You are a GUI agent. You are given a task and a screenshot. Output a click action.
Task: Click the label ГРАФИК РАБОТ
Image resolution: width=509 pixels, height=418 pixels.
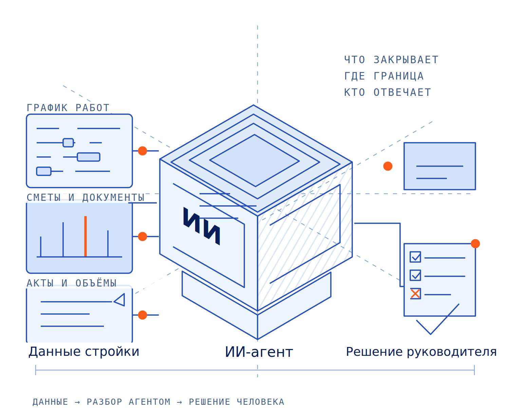68,108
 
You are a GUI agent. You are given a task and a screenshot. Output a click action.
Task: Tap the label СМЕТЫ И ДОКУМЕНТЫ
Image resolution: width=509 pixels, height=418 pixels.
86,197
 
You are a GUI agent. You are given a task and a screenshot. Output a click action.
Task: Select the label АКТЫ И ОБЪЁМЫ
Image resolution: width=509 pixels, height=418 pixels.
72,283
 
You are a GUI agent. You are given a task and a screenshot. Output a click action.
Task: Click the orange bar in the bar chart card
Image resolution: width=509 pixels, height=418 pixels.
85,236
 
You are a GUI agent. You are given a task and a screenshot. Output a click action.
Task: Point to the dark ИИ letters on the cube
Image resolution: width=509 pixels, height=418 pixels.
202,226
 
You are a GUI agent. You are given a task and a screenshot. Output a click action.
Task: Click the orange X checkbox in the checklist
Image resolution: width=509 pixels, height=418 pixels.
415,293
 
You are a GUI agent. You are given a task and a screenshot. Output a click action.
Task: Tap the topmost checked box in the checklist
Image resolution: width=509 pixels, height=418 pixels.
415,257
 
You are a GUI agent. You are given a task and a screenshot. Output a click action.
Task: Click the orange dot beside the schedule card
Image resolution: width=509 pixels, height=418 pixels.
143,151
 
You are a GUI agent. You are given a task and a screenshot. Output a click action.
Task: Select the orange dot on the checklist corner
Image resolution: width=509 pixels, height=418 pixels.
475,243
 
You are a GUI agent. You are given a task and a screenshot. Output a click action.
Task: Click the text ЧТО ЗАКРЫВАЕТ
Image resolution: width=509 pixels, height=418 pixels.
391,60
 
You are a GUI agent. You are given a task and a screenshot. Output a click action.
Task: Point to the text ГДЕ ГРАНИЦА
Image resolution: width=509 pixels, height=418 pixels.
384,76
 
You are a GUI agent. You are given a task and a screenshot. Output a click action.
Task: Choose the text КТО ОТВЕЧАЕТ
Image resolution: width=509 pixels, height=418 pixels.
388,92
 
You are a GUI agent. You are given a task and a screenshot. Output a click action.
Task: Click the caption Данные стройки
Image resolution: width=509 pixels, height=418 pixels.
84,351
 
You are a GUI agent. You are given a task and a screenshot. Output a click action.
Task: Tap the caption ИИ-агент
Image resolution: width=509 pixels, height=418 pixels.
259,352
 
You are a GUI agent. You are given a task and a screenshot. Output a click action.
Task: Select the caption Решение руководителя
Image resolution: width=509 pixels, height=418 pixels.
421,351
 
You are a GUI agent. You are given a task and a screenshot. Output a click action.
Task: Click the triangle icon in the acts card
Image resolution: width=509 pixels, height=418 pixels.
119,299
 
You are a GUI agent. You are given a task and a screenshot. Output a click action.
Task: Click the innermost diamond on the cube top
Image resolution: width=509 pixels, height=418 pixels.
254,160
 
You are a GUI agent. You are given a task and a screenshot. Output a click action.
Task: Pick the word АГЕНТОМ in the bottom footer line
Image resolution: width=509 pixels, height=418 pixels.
149,402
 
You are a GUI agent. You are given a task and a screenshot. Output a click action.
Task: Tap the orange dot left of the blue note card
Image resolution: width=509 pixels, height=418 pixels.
388,166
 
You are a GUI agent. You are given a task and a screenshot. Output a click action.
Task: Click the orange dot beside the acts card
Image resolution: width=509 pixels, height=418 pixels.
143,315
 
